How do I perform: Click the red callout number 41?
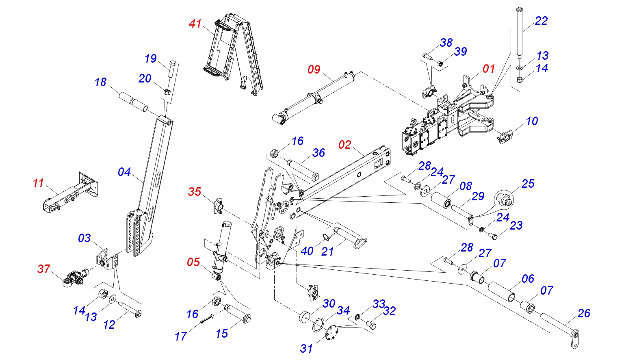[195, 24]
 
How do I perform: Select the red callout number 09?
[314, 69]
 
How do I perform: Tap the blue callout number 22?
[541, 21]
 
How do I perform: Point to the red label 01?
[489, 69]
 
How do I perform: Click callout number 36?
[318, 153]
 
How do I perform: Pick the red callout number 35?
[195, 191]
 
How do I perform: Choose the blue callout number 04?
[124, 172]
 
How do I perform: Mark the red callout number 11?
[38, 183]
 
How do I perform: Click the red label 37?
[44, 269]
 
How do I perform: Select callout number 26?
[584, 313]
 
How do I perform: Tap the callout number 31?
[306, 348]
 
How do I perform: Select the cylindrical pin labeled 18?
[133, 103]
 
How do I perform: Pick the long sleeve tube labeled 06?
[503, 291]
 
